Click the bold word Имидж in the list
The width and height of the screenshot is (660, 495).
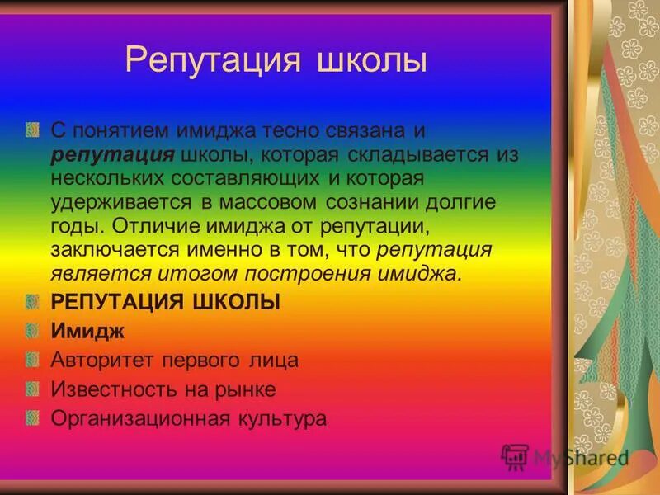click(x=87, y=332)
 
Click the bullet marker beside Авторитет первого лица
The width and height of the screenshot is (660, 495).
click(x=32, y=361)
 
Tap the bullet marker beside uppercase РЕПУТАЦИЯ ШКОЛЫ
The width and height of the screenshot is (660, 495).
click(x=32, y=302)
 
